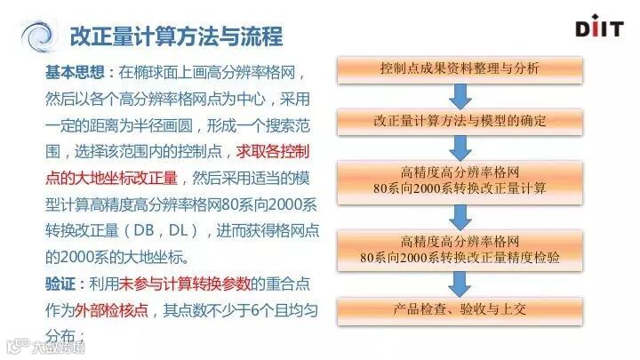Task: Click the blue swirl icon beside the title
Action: (x=38, y=38)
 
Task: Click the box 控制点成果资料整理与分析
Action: (x=458, y=68)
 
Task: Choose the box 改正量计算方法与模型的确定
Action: (x=458, y=119)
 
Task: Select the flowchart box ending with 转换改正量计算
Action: (x=458, y=180)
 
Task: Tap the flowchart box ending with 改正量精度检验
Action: (x=458, y=249)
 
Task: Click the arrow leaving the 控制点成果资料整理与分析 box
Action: (x=458, y=94)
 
